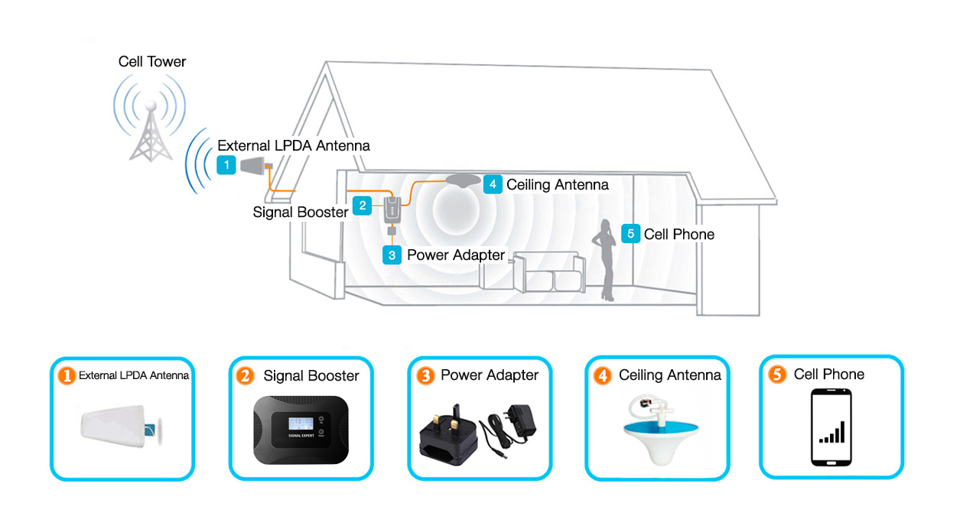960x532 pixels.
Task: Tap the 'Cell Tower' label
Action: click(x=151, y=62)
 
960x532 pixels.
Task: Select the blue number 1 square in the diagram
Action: click(x=226, y=165)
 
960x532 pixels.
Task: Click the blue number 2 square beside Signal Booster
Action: click(x=363, y=205)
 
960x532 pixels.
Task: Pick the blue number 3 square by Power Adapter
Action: click(x=392, y=255)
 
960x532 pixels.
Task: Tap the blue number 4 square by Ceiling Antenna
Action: click(x=492, y=184)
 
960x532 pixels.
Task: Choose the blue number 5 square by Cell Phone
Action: click(x=630, y=234)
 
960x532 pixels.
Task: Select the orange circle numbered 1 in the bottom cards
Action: click(x=67, y=375)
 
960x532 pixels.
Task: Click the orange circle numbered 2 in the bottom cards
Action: click(x=245, y=376)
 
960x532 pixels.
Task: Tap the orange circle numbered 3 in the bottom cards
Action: click(x=425, y=376)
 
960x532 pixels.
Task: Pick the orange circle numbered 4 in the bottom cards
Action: click(x=604, y=375)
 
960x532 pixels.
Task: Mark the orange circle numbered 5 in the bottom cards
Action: click(x=777, y=375)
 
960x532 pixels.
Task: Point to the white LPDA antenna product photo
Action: click(x=119, y=428)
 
